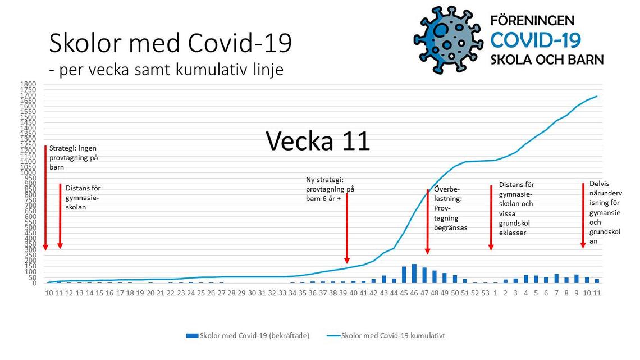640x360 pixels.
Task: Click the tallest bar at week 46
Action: pyautogui.click(x=414, y=274)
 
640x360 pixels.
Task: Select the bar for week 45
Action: pyautogui.click(x=404, y=275)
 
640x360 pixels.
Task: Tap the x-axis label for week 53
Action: pyautogui.click(x=485, y=293)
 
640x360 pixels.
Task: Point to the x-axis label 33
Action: pyautogui.click(x=282, y=293)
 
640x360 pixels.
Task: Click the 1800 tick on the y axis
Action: pyautogui.click(x=29, y=84)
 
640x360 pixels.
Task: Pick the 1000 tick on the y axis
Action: pyautogui.click(x=29, y=172)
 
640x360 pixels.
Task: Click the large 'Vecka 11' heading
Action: pyautogui.click(x=318, y=141)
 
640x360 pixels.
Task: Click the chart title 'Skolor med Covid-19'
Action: pyautogui.click(x=171, y=43)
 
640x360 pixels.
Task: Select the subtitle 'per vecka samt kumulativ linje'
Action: pyautogui.click(x=171, y=70)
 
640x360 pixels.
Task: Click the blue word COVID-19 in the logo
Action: pyautogui.click(x=536, y=40)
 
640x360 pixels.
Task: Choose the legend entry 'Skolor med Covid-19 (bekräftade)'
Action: pyautogui.click(x=248, y=335)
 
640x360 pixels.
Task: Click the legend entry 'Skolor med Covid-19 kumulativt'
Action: pyautogui.click(x=386, y=335)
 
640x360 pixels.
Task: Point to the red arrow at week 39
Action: pyautogui.click(x=347, y=228)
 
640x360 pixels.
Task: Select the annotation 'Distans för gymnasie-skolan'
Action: pyautogui.click(x=83, y=198)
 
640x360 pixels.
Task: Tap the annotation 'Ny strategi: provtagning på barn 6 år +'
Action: pyautogui.click(x=330, y=189)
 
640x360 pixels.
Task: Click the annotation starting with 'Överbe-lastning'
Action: pyautogui.click(x=451, y=208)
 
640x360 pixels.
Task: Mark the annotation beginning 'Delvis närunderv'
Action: pyautogui.click(x=605, y=212)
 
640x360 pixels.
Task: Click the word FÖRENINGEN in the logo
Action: pyautogui.click(x=532, y=20)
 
